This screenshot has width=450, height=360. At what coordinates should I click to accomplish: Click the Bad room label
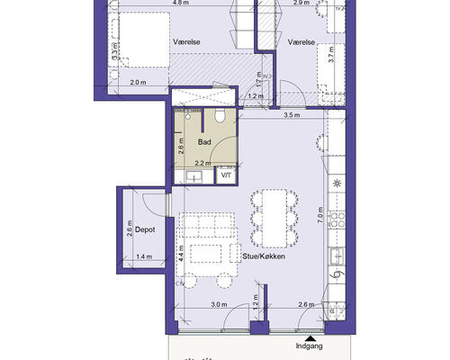204,142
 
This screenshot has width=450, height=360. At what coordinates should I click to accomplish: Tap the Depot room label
145,229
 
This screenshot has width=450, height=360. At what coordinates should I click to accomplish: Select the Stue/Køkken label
264,256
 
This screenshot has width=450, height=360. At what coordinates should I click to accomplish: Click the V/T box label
226,175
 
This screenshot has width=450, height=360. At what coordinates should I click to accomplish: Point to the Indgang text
310,346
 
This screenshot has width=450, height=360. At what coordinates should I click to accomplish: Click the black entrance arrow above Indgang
311,338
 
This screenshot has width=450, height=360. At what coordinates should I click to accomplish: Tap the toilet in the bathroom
220,115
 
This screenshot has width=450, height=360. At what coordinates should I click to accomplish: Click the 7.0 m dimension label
320,214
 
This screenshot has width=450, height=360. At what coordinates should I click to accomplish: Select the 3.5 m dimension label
292,115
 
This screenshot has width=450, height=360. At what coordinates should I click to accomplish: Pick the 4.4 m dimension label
181,254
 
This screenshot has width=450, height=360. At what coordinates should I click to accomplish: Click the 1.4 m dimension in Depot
144,256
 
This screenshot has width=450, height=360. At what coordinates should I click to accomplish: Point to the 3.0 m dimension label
219,304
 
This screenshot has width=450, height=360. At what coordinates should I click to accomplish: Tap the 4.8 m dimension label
181,3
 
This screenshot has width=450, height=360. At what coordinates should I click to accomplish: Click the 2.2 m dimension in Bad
202,163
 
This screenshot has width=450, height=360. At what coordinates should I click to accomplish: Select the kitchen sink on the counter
337,256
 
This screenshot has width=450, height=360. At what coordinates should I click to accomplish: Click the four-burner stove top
337,220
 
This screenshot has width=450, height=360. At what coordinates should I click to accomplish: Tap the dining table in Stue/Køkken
274,219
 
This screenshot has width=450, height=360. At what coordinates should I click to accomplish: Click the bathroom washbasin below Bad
193,177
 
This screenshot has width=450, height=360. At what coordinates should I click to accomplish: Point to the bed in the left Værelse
145,40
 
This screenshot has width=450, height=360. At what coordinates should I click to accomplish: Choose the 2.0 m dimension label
139,82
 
